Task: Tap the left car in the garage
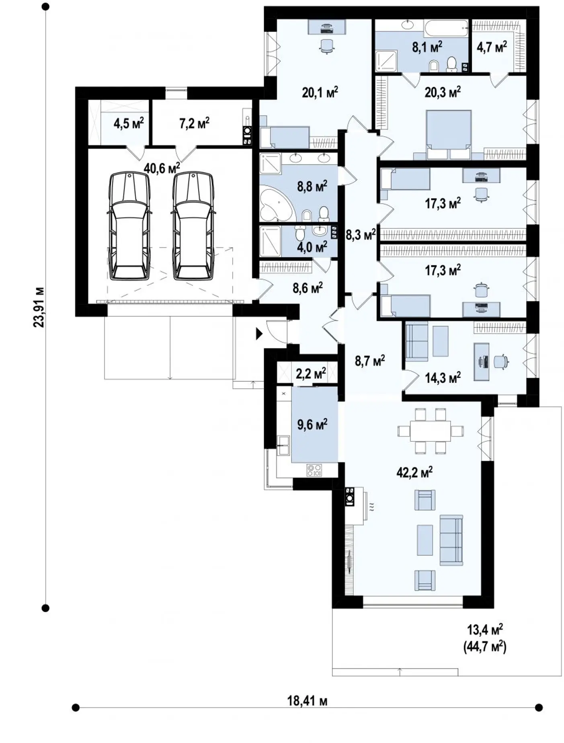tap(129, 226)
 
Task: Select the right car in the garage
tap(193, 226)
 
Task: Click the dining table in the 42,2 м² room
tap(431, 431)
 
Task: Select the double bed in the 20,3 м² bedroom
tap(448, 134)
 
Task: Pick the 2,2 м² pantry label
tap(311, 374)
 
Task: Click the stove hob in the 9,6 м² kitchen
tap(314, 470)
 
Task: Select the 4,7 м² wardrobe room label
tap(492, 47)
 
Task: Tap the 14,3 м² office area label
tap(443, 377)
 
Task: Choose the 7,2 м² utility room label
tap(194, 123)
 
